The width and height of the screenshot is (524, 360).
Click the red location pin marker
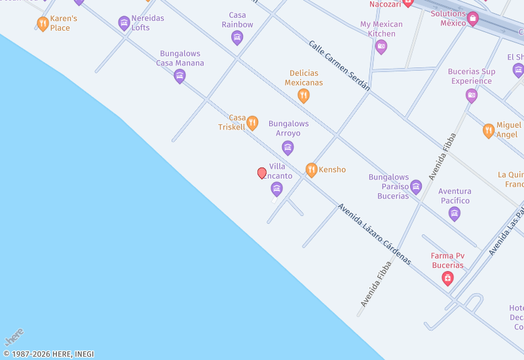coord(262,173)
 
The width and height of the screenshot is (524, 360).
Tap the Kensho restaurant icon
coord(312,170)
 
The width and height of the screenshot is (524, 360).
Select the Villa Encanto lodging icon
coord(276,189)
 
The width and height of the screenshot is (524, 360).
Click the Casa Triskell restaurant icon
coord(252,123)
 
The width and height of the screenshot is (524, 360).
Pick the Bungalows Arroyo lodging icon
coord(288,147)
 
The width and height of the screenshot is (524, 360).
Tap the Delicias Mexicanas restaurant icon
coord(303,96)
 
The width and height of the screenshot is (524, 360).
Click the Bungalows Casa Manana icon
coord(179,77)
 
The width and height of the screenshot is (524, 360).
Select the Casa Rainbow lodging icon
coord(237,37)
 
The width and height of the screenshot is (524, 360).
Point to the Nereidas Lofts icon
coord(124,24)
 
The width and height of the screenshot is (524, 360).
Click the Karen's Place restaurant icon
coord(43,24)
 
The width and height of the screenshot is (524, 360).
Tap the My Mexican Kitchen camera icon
coord(381,46)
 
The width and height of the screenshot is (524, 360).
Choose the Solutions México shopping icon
coord(472,19)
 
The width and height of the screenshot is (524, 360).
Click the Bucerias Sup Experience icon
coord(472,96)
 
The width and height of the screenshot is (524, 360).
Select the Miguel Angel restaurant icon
coord(489,130)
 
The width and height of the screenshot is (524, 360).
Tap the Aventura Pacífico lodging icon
coord(455,213)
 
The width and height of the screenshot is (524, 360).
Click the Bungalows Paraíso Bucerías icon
coord(416,187)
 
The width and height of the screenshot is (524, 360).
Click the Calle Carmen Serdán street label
coord(339,65)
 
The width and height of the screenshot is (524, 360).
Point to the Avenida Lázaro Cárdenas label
coord(374,234)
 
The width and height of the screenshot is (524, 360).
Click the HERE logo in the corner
coord(14,337)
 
